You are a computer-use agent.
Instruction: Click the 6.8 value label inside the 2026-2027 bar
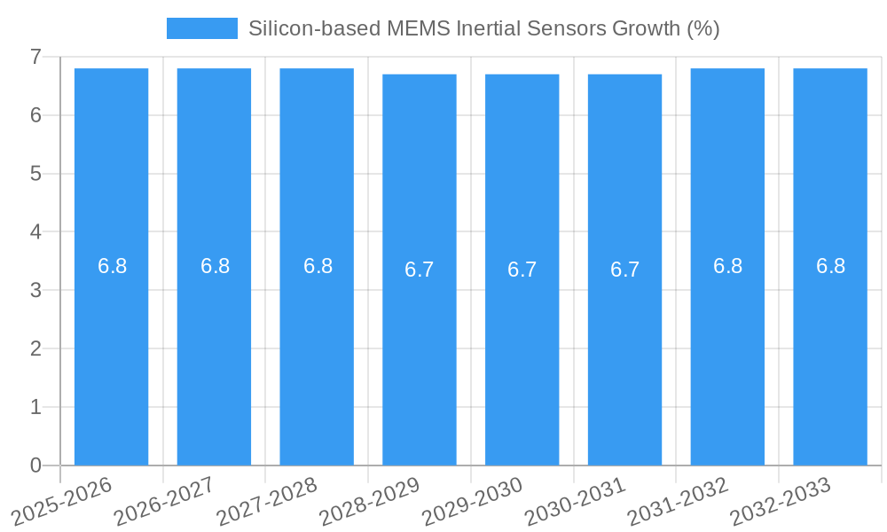(x=215, y=266)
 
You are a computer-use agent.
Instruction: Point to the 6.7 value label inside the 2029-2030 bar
(x=522, y=270)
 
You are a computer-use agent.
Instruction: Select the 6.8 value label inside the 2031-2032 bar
(x=727, y=266)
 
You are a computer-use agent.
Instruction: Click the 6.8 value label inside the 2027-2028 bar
(x=318, y=266)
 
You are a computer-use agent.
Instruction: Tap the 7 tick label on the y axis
(x=35, y=57)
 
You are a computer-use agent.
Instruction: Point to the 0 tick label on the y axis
(x=35, y=465)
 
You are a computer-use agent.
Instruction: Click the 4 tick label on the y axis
(x=35, y=232)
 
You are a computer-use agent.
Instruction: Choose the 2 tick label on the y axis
(x=35, y=348)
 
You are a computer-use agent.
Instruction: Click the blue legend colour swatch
(x=202, y=28)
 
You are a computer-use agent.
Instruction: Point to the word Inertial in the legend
(x=488, y=28)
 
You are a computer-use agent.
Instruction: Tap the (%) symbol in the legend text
(x=703, y=28)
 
